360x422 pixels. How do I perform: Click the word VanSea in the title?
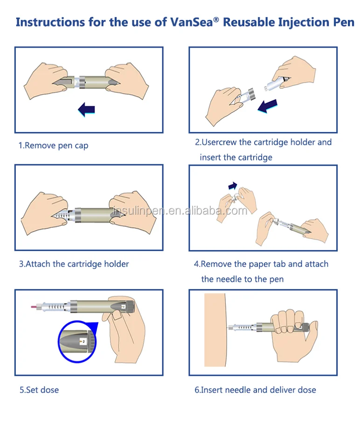[192, 22]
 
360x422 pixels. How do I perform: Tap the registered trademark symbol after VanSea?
[216, 20]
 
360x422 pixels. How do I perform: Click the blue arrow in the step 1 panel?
[87, 109]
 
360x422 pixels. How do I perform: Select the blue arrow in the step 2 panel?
[268, 105]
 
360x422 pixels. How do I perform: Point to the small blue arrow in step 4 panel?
[233, 186]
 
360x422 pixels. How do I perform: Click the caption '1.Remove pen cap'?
[53, 146]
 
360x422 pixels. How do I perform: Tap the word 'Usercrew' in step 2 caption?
[219, 142]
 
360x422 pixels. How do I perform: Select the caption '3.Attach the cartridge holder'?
[74, 264]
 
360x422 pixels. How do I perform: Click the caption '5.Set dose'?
[39, 390]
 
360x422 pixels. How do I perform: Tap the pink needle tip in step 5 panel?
[33, 307]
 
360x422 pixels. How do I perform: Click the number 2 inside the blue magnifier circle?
[83, 342]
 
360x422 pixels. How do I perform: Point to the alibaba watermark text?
[180, 211]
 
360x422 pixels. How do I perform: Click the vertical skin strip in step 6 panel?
[215, 330]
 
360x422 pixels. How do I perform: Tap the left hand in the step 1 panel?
[46, 81]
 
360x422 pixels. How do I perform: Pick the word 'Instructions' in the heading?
[50, 22]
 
